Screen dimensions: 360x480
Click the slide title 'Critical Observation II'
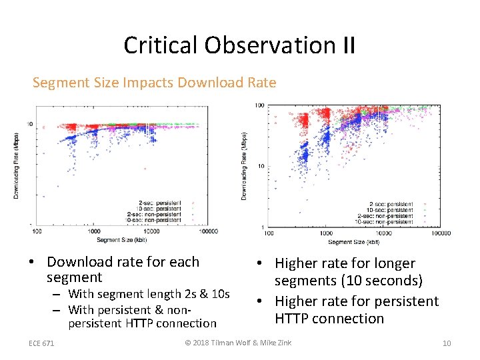pyautogui.click(x=239, y=45)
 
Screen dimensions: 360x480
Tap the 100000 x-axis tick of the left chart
pyautogui.click(x=209, y=231)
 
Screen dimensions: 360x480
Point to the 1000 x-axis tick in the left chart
pyautogui.click(x=95, y=231)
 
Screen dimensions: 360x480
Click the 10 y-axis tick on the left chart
pyautogui.click(x=30, y=124)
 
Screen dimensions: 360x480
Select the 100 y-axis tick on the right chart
pyautogui.click(x=259, y=105)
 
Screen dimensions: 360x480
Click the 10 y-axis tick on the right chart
pyautogui.click(x=261, y=167)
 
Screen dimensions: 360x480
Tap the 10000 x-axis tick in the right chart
pyautogui.click(x=382, y=233)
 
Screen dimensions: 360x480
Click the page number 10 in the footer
pyautogui.click(x=447, y=343)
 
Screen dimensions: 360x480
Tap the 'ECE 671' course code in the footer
pyautogui.click(x=41, y=343)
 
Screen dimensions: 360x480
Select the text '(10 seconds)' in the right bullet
pyautogui.click(x=382, y=281)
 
